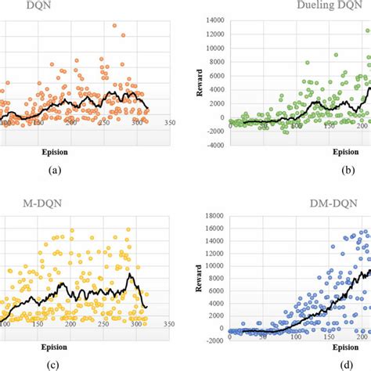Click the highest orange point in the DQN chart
(x=202, y=26)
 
